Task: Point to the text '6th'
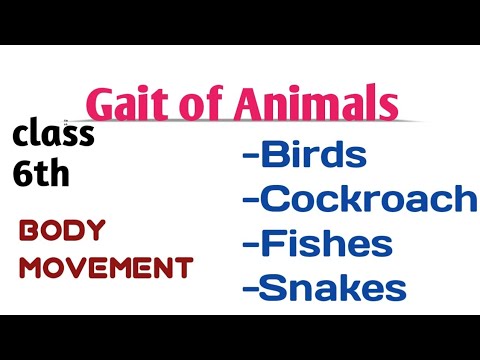click(x=41, y=175)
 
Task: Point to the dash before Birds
click(x=249, y=157)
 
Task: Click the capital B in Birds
click(x=272, y=155)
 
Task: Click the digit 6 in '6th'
click(x=23, y=175)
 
